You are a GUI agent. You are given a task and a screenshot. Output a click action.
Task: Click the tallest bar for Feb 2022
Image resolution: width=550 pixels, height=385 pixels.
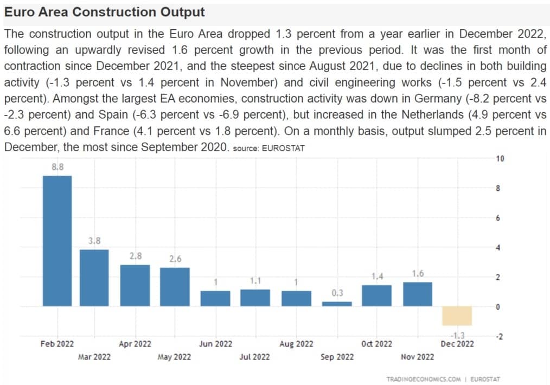57,241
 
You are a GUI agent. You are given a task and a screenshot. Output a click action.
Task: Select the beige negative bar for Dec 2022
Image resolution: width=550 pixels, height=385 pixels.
457,316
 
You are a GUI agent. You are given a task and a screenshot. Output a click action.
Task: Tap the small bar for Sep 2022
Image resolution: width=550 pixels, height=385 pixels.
337,304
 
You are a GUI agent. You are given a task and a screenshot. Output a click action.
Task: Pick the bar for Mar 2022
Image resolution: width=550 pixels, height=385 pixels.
94,278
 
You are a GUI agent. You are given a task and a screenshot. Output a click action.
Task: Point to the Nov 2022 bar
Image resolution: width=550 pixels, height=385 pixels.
418,294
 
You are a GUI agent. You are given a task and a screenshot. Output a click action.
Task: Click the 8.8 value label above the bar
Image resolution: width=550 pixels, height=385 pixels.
57,167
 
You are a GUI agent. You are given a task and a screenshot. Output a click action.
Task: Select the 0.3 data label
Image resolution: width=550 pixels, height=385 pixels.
337,293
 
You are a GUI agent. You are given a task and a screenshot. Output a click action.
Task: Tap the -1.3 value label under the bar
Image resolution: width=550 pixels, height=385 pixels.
458,335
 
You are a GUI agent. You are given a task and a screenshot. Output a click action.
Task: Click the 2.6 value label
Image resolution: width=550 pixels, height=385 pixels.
175,259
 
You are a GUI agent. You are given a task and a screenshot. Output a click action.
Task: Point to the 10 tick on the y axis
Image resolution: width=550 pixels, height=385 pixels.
500,158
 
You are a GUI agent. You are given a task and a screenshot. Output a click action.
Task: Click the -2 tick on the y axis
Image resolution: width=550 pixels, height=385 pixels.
500,337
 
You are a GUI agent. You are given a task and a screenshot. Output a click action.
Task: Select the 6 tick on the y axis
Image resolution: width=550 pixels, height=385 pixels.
498,218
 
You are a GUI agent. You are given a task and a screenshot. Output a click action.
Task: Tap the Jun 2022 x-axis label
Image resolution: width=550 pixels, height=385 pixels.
215,344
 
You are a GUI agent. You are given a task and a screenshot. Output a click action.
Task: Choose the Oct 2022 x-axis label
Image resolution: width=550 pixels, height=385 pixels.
376,344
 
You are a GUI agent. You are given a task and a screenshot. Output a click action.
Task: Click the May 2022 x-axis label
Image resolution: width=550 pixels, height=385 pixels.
174,357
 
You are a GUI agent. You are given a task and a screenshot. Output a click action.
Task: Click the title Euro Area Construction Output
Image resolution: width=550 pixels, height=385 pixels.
104,12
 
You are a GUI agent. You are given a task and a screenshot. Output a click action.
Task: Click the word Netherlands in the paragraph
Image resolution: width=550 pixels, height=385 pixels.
432,114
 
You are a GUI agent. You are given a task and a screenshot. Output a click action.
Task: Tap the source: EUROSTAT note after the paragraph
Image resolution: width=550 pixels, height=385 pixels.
268,148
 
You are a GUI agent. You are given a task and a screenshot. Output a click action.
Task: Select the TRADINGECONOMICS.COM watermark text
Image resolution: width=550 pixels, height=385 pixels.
424,379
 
